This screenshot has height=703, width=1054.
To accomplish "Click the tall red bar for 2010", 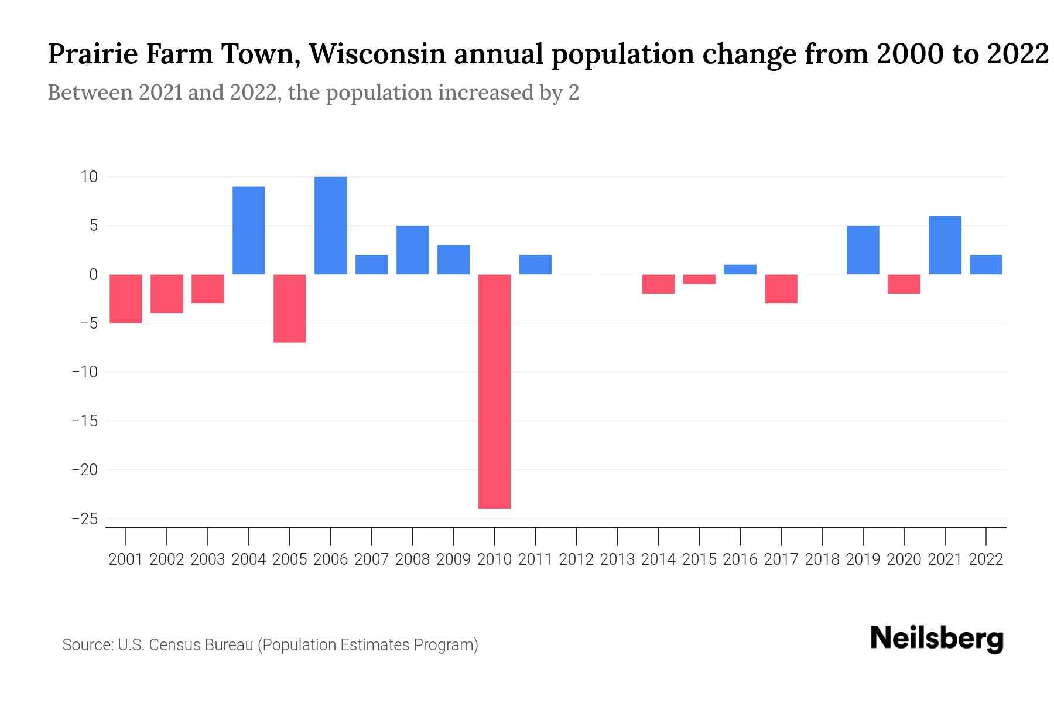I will (494, 391).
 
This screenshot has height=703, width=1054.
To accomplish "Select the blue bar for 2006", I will (330, 226).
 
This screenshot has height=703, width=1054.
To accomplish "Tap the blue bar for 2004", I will (248, 230).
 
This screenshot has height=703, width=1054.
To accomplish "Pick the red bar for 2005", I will (289, 308).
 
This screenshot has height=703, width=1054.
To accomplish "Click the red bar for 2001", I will (126, 298).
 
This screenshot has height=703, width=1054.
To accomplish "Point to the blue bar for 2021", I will (945, 245).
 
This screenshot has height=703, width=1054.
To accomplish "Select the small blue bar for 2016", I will (740, 269).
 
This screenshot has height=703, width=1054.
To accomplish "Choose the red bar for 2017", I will (781, 289).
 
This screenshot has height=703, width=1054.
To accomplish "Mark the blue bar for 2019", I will (863, 250).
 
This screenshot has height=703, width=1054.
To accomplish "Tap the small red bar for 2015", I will (699, 279).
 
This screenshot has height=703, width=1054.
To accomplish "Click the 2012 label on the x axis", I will (576, 559).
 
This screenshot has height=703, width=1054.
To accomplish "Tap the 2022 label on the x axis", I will (986, 559).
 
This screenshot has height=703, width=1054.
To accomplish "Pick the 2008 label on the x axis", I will (412, 559).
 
